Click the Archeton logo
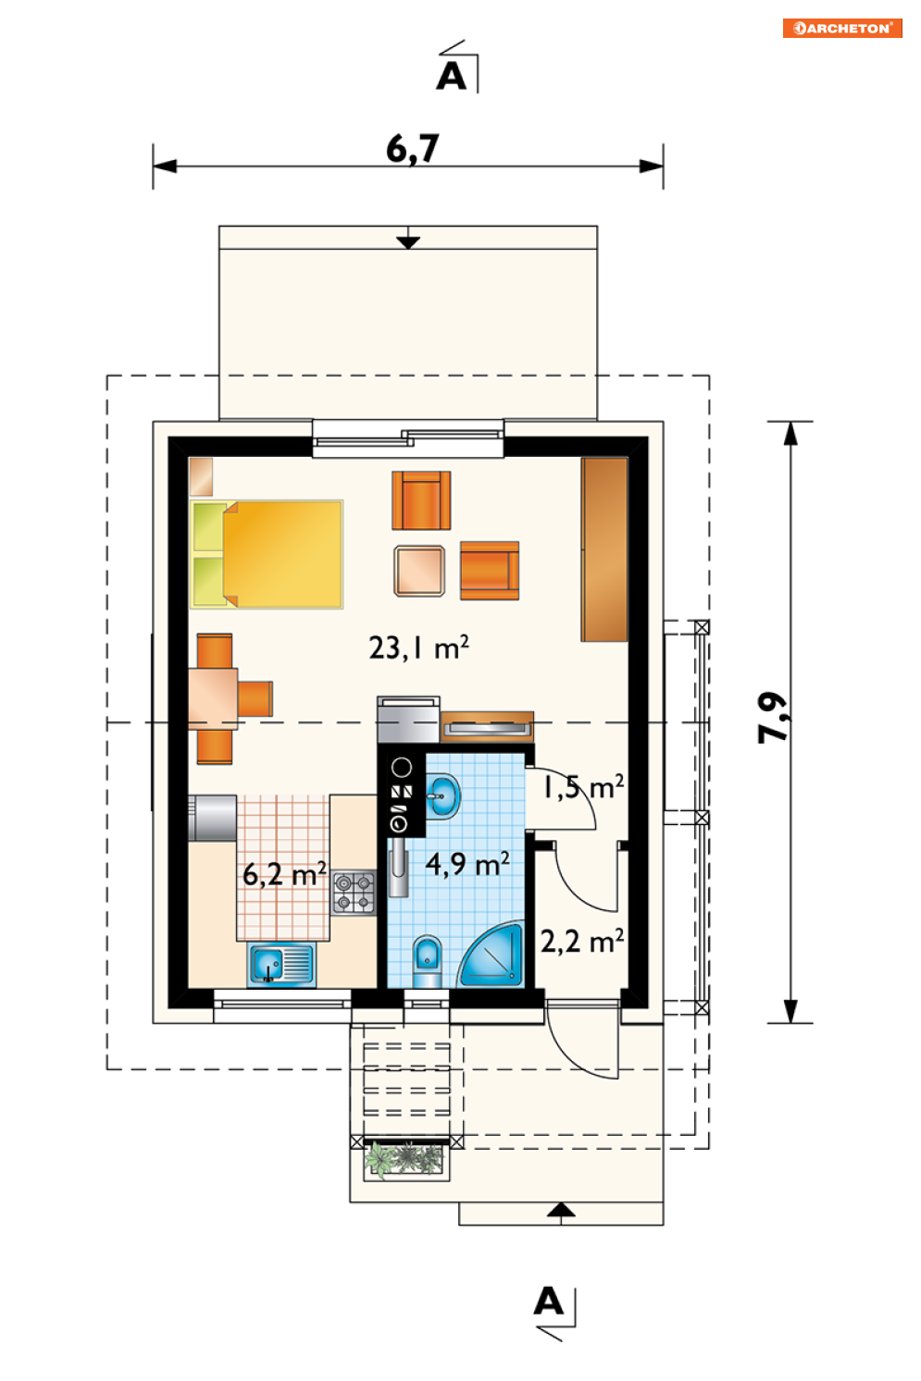tap(842, 29)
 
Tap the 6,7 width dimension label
tap(413, 149)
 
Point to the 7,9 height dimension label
tap(772, 717)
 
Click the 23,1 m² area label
tap(419, 648)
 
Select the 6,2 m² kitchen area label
tap(284, 874)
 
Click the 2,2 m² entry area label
tap(582, 942)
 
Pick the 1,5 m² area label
tap(583, 787)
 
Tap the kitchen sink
tap(282, 965)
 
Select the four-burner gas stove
tap(355, 893)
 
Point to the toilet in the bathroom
tap(427, 962)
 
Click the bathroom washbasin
tap(442, 795)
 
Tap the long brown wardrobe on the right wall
tap(604, 549)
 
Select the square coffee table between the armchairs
tap(419, 571)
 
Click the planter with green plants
tap(406, 1160)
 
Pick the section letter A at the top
tap(452, 77)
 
